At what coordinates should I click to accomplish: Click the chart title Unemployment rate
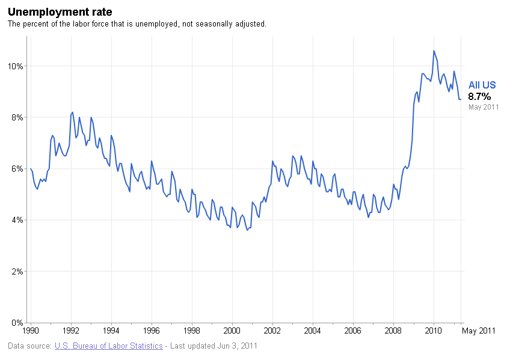pyautogui.click(x=60, y=12)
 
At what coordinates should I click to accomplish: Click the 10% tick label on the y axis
pyautogui.click(x=16, y=66)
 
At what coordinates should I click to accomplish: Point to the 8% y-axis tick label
pyautogui.click(x=17, y=117)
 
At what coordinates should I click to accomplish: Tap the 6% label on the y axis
pyautogui.click(x=17, y=169)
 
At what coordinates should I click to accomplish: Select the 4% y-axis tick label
pyautogui.click(x=17, y=220)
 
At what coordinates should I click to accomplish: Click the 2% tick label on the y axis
pyautogui.click(x=17, y=272)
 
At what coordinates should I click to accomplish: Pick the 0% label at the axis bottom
pyautogui.click(x=17, y=323)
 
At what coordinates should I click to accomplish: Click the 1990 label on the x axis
pyautogui.click(x=31, y=331)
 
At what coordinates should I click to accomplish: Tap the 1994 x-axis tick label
pyautogui.click(x=111, y=331)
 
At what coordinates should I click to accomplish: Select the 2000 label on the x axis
pyautogui.click(x=232, y=331)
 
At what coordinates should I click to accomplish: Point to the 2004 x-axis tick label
pyautogui.click(x=313, y=331)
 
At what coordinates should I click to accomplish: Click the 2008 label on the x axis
pyautogui.click(x=393, y=331)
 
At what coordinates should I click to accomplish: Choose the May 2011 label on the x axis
pyautogui.click(x=479, y=331)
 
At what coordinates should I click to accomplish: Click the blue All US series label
pyautogui.click(x=482, y=85)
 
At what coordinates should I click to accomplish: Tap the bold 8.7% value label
pyautogui.click(x=479, y=96)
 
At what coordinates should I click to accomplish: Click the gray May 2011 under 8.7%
pyautogui.click(x=484, y=107)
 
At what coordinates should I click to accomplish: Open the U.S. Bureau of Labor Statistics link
pyautogui.click(x=108, y=346)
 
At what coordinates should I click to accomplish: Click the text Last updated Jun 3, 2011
pyautogui.click(x=214, y=346)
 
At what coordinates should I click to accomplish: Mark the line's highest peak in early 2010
pyautogui.click(x=434, y=51)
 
